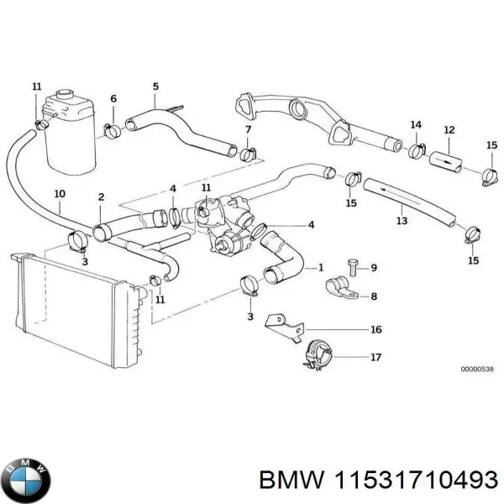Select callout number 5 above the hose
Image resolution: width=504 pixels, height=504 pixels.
pos(155,86)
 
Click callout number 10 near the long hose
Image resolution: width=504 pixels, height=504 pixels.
pos(59,195)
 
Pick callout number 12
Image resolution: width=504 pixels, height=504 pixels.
pos(449,130)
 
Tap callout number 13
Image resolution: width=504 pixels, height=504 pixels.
pos(402,221)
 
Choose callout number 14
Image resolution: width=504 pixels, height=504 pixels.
pos(416,125)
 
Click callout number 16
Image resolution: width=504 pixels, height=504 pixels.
pos(375,329)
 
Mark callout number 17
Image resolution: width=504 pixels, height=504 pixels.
pos(375,357)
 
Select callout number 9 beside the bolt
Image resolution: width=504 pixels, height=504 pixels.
pos(374,268)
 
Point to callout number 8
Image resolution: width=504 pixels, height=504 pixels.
pos(374,296)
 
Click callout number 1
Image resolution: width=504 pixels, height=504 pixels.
pos(319,267)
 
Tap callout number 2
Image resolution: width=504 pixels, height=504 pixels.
pos(101,197)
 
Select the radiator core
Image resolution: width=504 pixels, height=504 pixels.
pos(71,311)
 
